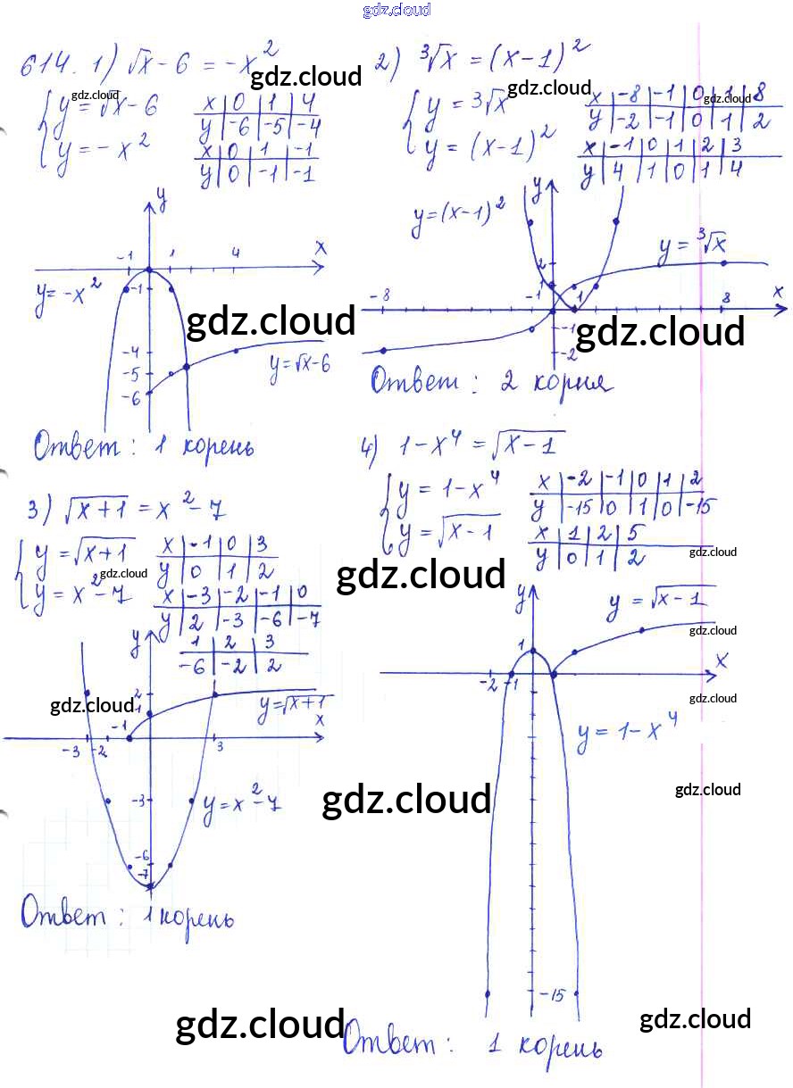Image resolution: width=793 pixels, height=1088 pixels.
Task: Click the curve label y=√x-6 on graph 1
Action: click(x=300, y=367)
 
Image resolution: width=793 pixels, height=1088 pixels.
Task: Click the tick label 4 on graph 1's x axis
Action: click(x=236, y=253)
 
